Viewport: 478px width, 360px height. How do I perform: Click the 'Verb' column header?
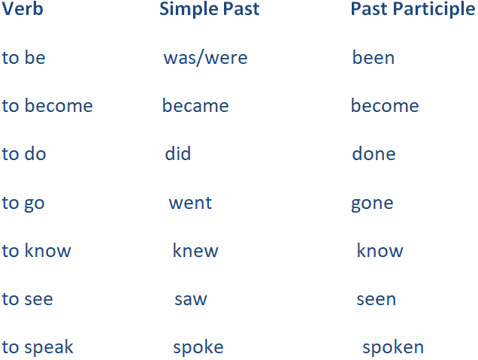point(23,9)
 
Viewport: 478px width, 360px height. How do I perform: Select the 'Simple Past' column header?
point(210,9)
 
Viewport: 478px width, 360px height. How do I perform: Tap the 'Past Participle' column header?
point(413,10)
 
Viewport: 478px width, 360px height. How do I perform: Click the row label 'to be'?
point(24,58)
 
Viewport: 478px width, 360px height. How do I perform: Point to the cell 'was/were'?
point(205,58)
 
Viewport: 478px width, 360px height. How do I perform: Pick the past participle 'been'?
point(374,58)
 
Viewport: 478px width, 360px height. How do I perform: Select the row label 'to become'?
point(47,106)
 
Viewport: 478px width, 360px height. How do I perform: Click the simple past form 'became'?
point(195,106)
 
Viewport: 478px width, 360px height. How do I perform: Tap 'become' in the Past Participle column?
point(385,106)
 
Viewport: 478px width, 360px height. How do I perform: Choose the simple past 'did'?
point(178,153)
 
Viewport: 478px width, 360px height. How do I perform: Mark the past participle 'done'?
point(374,153)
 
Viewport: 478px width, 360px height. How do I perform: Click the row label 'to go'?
point(23,204)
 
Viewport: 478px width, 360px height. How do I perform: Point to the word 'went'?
point(191,203)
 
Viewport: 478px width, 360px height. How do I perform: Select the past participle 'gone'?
point(372,204)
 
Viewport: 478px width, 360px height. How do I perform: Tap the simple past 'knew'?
point(195,250)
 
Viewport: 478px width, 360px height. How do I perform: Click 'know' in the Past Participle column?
point(380,250)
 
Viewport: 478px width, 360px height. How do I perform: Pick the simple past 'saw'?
point(191,299)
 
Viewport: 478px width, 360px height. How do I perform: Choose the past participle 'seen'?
point(377,299)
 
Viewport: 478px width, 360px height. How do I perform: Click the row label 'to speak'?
point(38,347)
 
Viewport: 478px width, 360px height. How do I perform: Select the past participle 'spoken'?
point(393,347)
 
